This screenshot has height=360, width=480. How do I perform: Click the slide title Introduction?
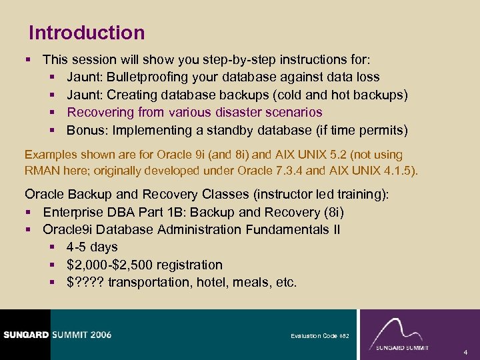[87, 33]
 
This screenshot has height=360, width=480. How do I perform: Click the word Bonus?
[84, 129]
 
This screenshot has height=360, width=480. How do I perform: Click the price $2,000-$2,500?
[109, 265]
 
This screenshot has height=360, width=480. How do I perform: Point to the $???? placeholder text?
[85, 282]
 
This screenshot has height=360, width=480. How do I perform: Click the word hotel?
[211, 282]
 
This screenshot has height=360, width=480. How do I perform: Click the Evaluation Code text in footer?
[319, 336]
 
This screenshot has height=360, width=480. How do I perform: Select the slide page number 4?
[465, 351]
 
